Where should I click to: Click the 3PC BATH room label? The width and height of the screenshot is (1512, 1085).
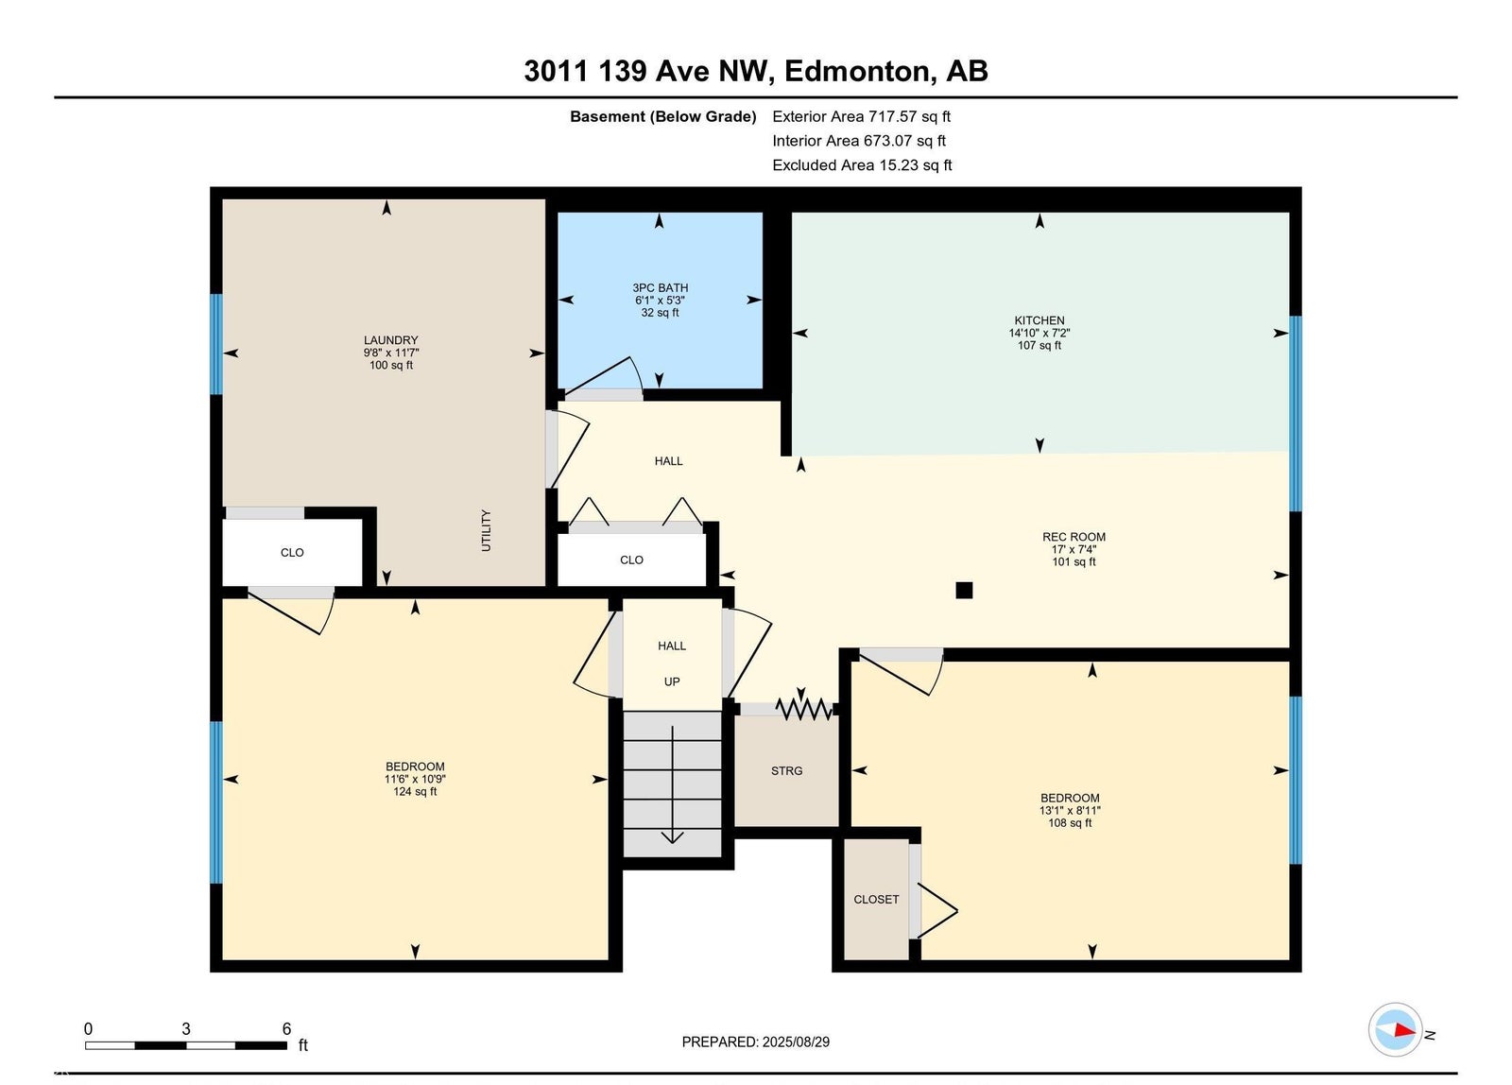(x=661, y=287)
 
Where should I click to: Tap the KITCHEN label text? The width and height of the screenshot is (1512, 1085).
(x=1039, y=320)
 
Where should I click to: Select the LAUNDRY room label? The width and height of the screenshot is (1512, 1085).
(x=391, y=339)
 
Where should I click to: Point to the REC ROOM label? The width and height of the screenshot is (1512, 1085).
(x=1074, y=537)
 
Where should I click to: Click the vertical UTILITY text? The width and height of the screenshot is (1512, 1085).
(x=486, y=530)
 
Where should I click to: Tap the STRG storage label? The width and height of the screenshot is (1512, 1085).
(x=787, y=770)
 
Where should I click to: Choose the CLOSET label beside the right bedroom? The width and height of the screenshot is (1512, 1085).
(x=876, y=900)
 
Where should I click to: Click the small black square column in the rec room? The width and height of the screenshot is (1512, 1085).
(x=964, y=590)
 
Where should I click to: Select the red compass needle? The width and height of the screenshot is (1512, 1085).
(x=1404, y=1029)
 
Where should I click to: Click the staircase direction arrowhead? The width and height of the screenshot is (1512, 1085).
(x=672, y=838)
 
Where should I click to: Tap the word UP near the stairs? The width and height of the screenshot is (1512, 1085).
(x=672, y=682)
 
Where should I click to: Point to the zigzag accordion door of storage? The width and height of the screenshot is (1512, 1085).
(x=803, y=709)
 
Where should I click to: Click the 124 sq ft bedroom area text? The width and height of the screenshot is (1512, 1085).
(x=415, y=791)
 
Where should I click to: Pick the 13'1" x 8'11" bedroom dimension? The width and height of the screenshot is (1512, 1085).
(x=1070, y=810)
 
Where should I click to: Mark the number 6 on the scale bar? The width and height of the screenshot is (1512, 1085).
(x=286, y=1028)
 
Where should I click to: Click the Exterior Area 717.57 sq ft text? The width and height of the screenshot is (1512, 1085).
(x=861, y=116)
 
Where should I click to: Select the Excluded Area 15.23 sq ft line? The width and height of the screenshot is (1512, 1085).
(x=862, y=164)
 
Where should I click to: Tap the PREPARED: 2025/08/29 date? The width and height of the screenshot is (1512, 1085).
(x=755, y=1042)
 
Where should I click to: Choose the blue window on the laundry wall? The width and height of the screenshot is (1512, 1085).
(x=216, y=344)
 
